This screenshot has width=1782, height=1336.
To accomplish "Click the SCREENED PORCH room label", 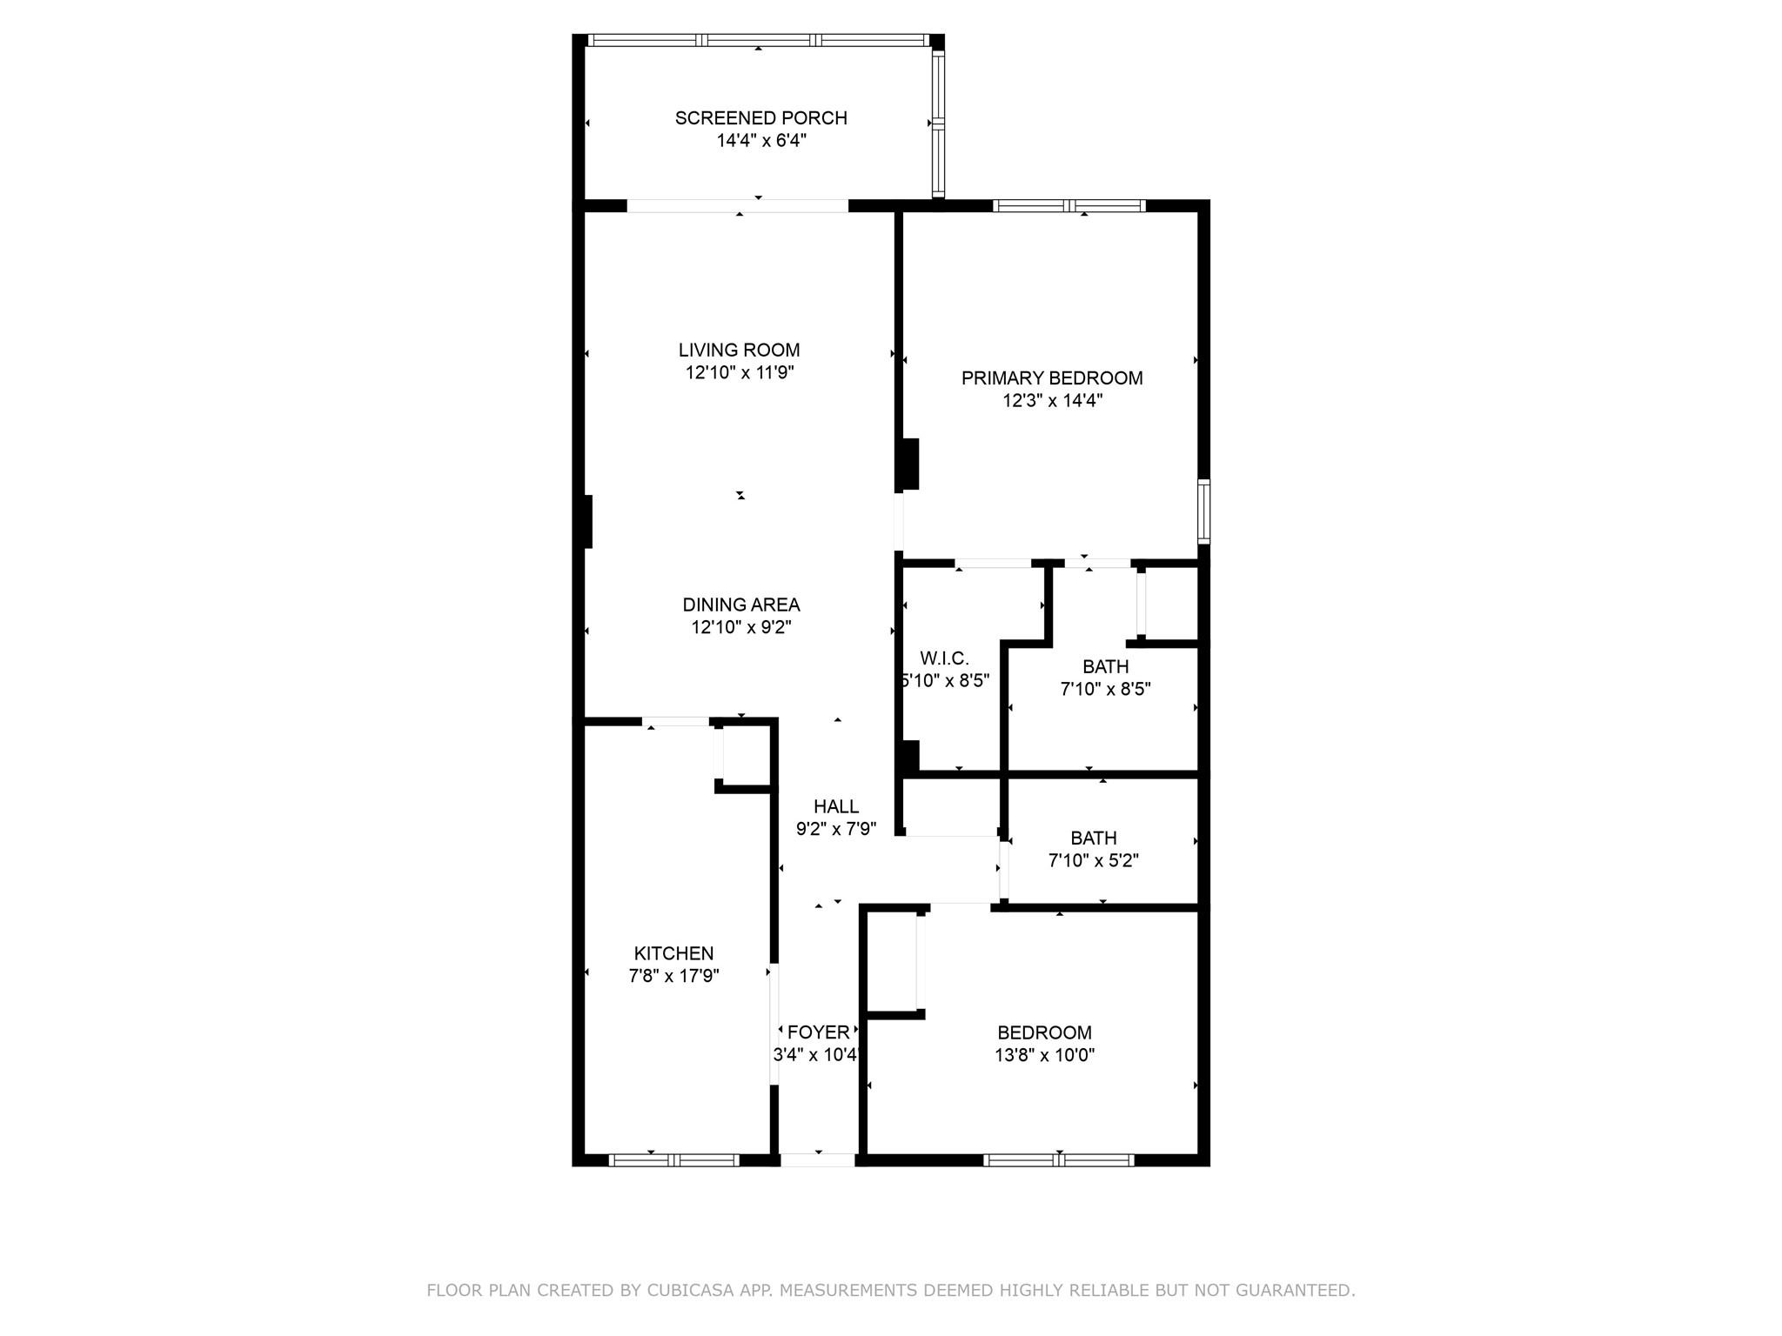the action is click(760, 117).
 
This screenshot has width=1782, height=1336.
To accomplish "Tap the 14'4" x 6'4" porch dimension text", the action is click(761, 141).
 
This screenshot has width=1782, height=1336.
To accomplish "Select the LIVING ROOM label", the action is click(739, 350).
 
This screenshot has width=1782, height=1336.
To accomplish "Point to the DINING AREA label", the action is click(740, 605).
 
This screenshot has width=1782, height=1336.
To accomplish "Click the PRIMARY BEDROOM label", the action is click(1052, 377).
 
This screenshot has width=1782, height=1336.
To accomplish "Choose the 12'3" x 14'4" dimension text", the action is click(1052, 401).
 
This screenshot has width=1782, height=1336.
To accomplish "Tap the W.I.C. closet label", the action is click(944, 658).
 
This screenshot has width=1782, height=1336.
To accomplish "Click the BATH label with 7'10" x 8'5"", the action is click(1106, 666).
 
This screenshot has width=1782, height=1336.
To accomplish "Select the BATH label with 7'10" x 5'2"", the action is click(1094, 838).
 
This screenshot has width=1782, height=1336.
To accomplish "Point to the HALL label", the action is click(836, 806).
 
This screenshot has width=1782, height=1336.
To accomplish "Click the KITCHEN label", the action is click(673, 953).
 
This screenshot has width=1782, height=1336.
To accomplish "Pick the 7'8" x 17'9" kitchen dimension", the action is click(673, 977).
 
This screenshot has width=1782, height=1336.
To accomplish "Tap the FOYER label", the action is click(818, 1032).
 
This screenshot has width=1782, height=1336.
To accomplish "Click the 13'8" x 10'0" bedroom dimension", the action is click(1044, 1056).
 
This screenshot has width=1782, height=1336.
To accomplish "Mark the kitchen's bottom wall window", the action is click(674, 1159).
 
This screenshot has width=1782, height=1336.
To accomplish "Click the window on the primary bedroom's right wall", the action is click(1203, 511).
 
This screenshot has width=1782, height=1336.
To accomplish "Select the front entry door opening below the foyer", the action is click(818, 1159).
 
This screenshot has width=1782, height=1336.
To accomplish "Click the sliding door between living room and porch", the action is click(738, 206).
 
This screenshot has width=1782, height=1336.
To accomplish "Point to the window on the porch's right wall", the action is click(938, 123).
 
